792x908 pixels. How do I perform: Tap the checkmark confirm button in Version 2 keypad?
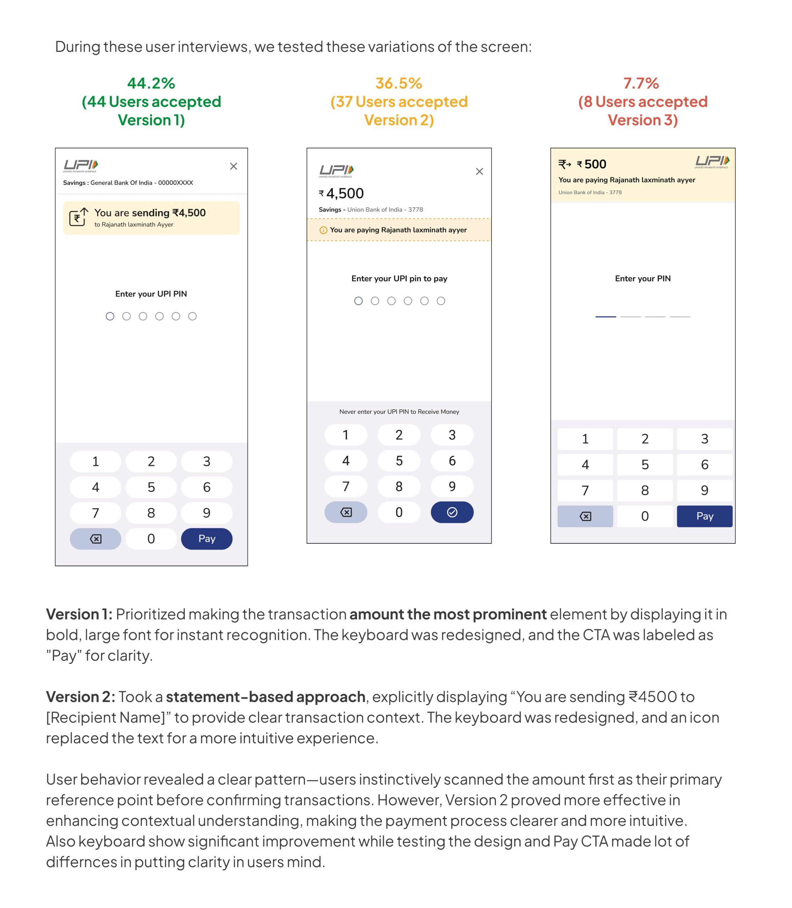coord(452,512)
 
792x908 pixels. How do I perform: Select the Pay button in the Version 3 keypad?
coord(704,516)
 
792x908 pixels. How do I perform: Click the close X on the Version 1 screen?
coord(234,166)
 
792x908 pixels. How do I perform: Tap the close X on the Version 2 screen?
coord(479,172)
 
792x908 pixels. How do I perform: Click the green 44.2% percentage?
coord(151,83)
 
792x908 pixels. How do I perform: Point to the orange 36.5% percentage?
coord(399,83)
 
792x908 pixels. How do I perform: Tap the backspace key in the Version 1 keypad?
coord(95,539)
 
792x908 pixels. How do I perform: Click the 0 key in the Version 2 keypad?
coord(399,512)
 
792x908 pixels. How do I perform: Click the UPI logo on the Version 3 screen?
coord(712,162)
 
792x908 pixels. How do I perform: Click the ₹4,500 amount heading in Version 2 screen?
coord(341,193)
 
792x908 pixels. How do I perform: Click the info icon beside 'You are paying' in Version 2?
coord(323,230)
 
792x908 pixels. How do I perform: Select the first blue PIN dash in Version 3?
coord(606,317)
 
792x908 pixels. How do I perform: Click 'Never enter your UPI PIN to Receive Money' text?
coord(399,412)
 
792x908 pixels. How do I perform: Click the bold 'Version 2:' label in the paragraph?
coord(80,697)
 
